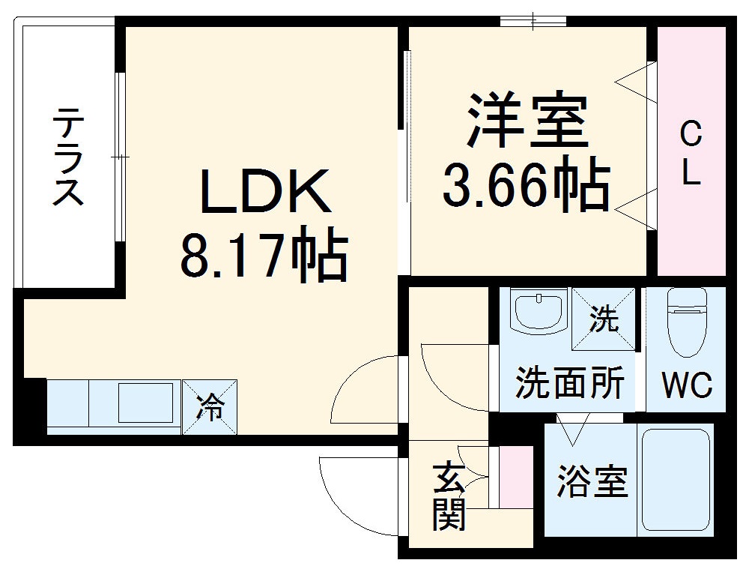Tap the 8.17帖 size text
tap(264, 255)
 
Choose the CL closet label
tap(691, 154)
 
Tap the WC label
tap(686, 386)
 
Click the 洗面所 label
tap(569, 385)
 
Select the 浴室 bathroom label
tap(592, 481)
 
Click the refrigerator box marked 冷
tap(210, 407)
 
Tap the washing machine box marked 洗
tap(603, 319)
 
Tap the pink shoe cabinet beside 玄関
tap(515, 475)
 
